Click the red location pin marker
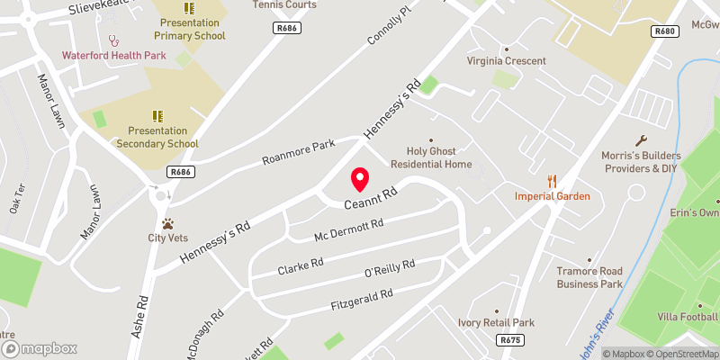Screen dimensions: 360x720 360,179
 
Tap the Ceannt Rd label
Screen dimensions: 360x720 369,199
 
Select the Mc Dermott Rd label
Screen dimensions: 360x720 348,230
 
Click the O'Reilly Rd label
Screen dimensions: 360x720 389,268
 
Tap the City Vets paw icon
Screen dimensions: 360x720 167,223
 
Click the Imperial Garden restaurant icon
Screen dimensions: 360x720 553,181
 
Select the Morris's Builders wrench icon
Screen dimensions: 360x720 641,140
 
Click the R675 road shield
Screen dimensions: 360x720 510,340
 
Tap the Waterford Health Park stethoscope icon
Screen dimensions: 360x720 113,40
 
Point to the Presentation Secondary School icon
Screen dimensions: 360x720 157,116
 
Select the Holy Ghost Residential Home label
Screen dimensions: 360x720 427,157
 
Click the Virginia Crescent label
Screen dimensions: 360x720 507,61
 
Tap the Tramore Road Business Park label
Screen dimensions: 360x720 589,277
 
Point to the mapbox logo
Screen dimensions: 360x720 39,348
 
